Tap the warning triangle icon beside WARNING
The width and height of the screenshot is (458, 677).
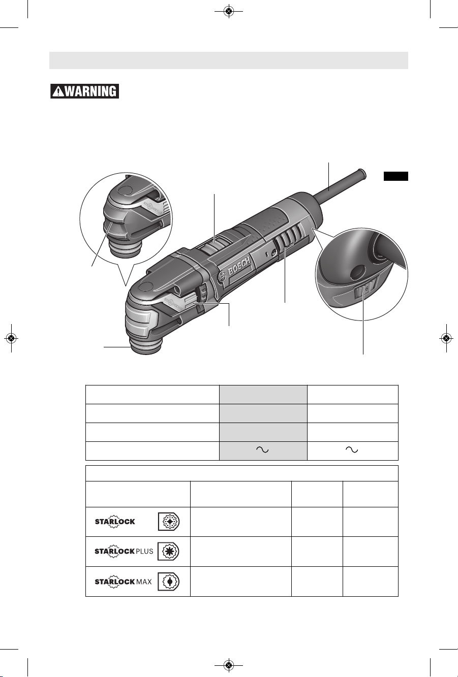click(58, 91)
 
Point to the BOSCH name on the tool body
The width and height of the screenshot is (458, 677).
click(239, 266)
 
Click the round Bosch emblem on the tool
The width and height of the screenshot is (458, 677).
click(222, 276)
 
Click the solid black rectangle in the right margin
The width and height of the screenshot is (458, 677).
click(395, 176)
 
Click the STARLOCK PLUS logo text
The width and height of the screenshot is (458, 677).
click(124, 551)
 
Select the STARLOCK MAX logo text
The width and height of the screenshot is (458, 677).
click(123, 581)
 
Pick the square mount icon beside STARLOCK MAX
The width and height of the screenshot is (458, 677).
click(168, 581)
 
